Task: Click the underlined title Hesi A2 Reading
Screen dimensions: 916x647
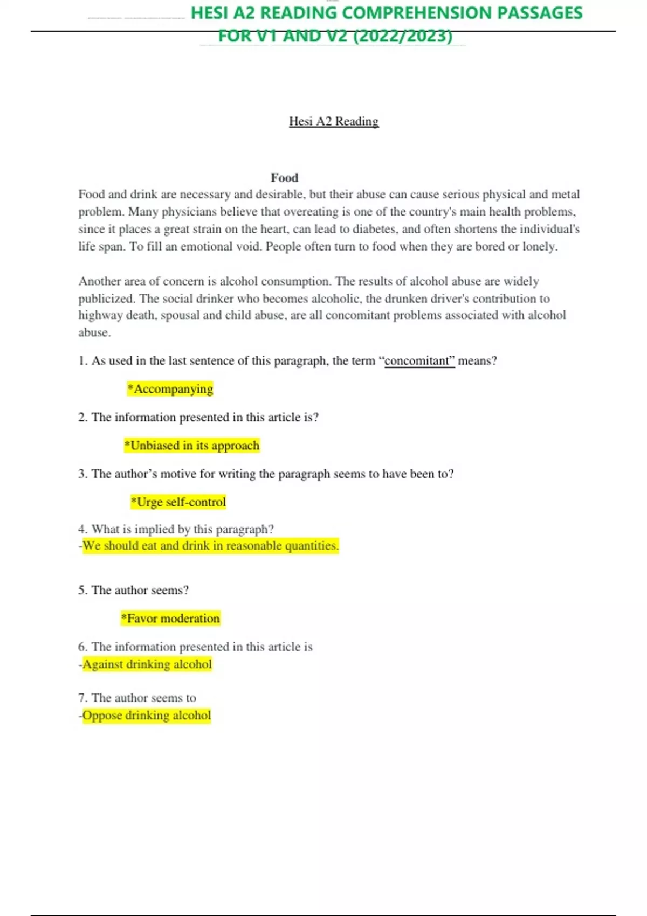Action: click(x=334, y=121)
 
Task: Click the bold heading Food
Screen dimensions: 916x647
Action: click(x=284, y=178)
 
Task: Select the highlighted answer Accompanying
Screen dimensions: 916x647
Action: click(x=170, y=389)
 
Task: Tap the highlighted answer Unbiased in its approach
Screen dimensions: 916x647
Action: click(x=192, y=446)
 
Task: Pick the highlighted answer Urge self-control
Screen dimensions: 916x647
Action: click(x=178, y=502)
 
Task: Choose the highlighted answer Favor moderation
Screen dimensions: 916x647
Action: click(x=170, y=619)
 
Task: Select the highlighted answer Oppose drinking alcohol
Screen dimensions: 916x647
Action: click(x=146, y=716)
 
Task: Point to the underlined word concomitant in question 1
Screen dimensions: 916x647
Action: click(x=419, y=361)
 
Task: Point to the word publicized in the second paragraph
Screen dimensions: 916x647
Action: click(x=106, y=299)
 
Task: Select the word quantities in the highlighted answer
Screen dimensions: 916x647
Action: click(x=311, y=546)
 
